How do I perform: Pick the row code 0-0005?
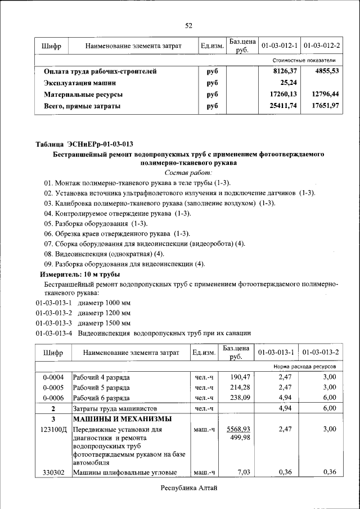click(x=53, y=388)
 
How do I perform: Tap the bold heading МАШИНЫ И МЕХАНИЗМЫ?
click(x=121, y=419)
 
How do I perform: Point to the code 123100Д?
click(x=53, y=429)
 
